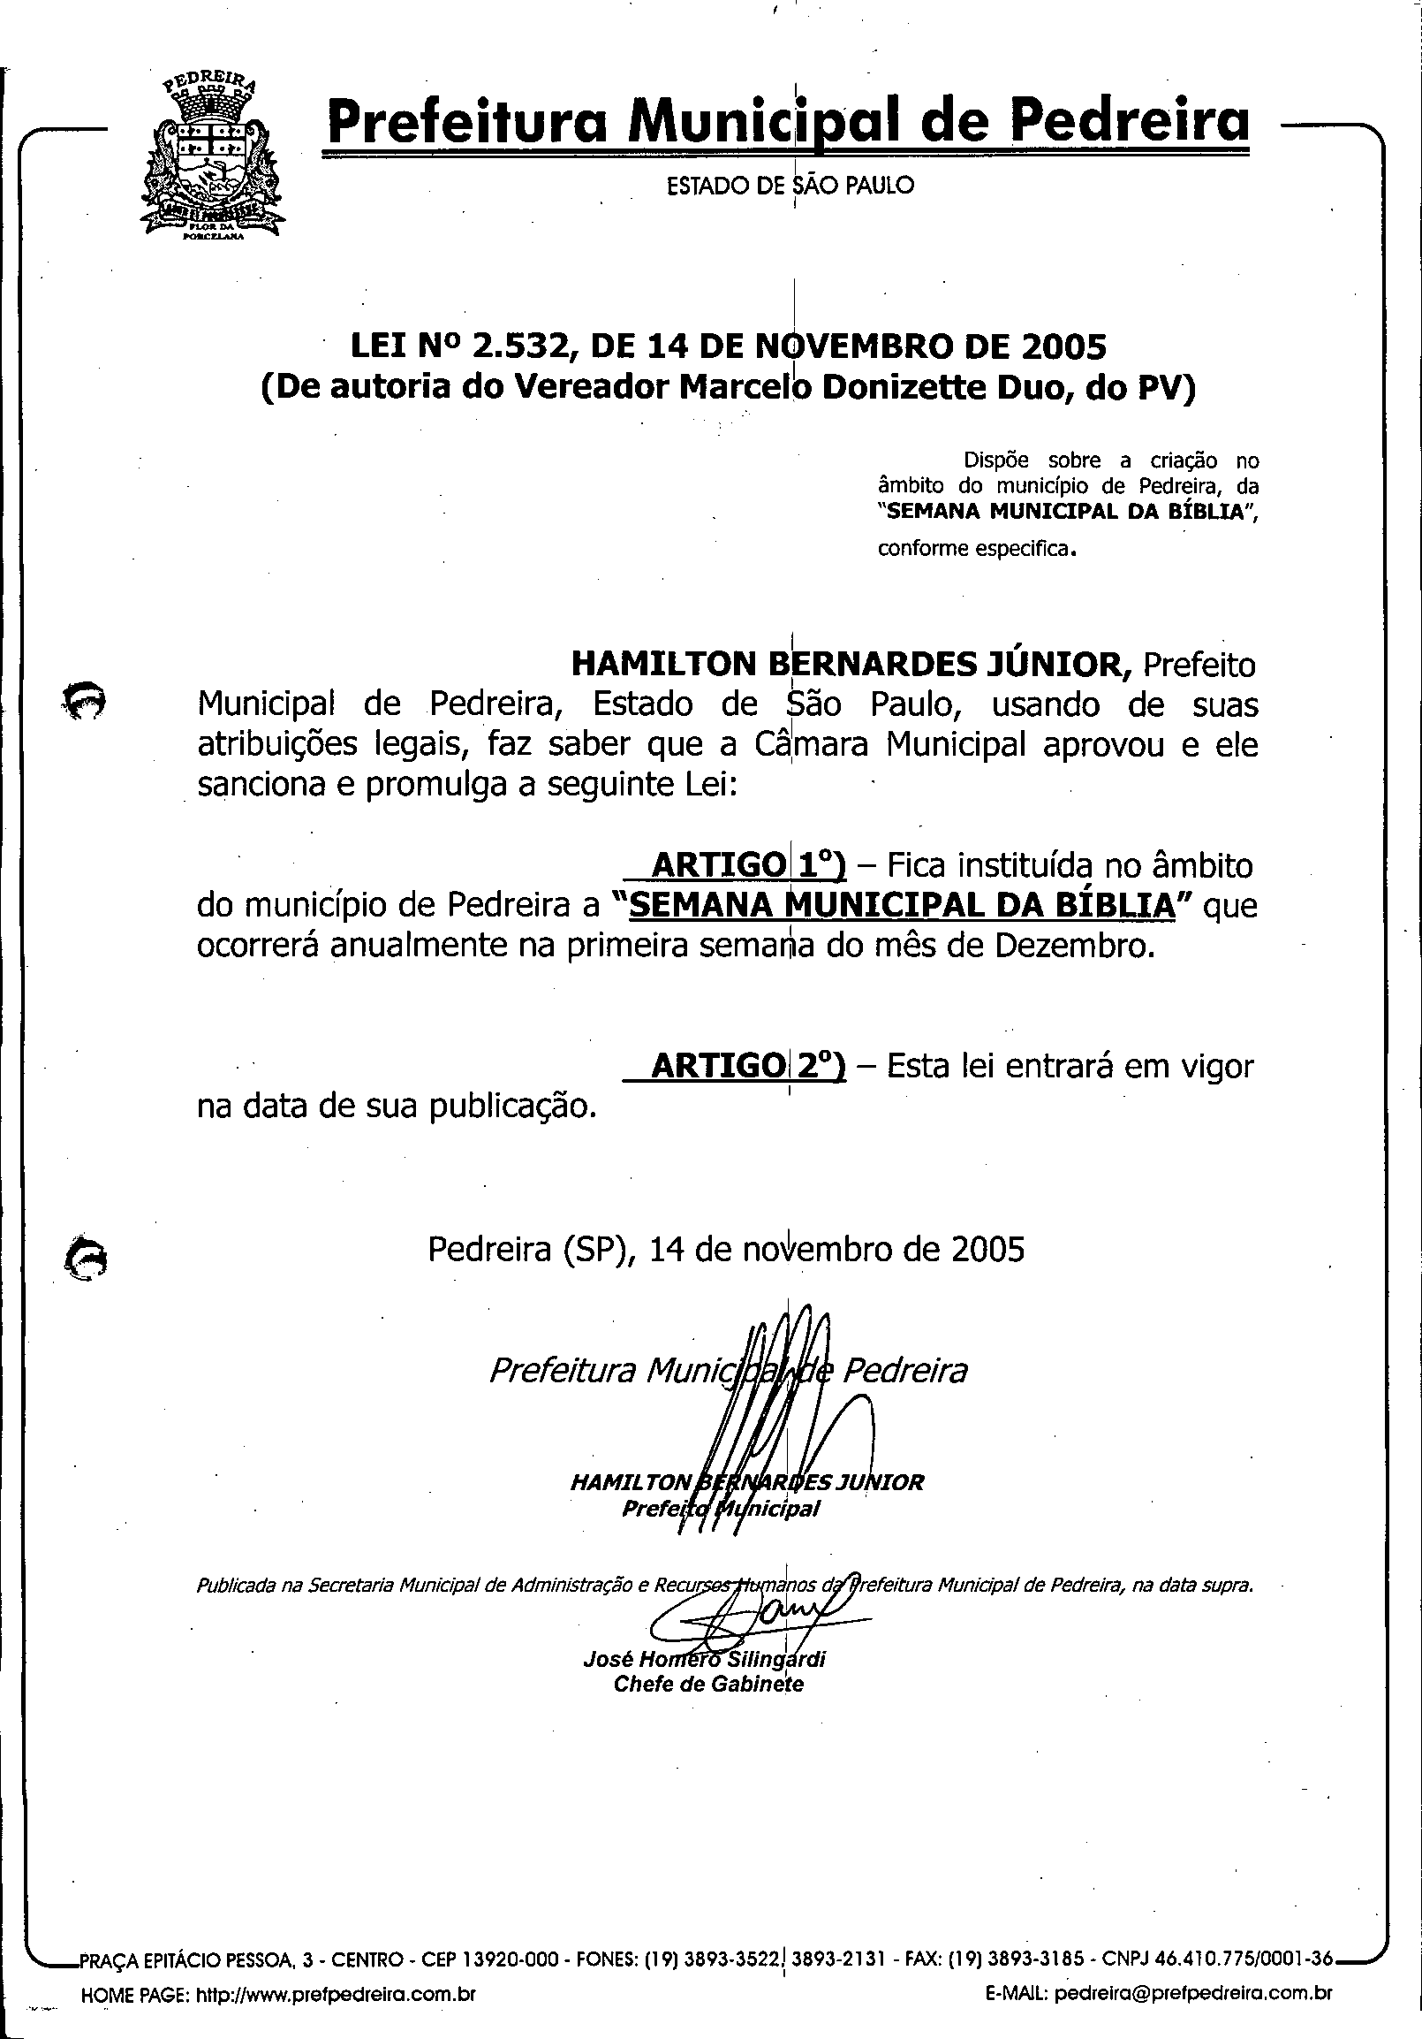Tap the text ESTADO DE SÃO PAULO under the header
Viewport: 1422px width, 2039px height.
(790, 186)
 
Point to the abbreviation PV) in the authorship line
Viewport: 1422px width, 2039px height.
(1166, 389)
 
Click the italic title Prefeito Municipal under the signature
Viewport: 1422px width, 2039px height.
(721, 1509)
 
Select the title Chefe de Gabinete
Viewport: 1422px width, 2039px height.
(708, 1685)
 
